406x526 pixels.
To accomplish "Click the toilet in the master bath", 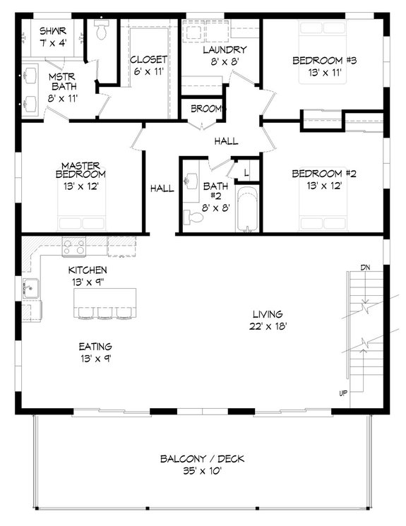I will click(x=100, y=30).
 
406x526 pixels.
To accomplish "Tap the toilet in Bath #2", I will click(x=193, y=217).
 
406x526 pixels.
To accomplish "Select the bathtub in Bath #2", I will click(x=246, y=210).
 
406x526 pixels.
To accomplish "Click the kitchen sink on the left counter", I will click(x=30, y=288).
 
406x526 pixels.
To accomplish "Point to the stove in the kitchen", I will click(x=74, y=246).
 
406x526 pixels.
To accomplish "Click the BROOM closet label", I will click(x=207, y=109).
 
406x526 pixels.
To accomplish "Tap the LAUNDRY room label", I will click(x=224, y=50).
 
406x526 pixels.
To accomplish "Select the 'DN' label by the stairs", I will click(x=365, y=268).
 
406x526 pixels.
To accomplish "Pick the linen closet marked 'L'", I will click(x=246, y=172).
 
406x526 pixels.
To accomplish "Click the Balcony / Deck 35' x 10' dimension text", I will click(x=201, y=472).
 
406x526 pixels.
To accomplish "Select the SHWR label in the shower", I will click(x=52, y=31).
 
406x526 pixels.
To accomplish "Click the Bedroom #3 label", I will click(x=324, y=60).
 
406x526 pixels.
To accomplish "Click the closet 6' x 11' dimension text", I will click(x=148, y=71).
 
